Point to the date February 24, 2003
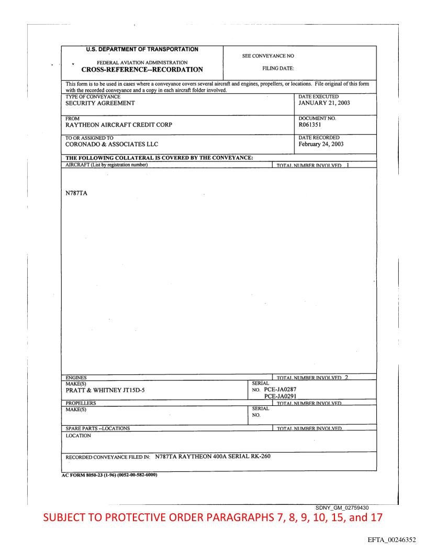point(321,144)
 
